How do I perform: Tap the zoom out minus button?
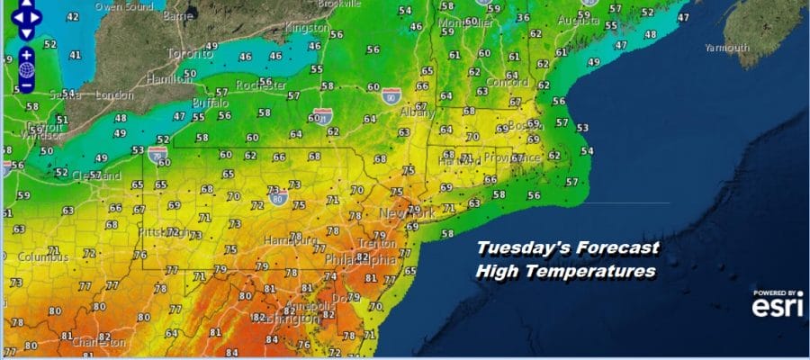[26, 85]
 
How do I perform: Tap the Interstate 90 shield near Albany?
[390, 95]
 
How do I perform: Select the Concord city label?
[510, 81]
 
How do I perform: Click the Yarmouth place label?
[726, 47]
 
